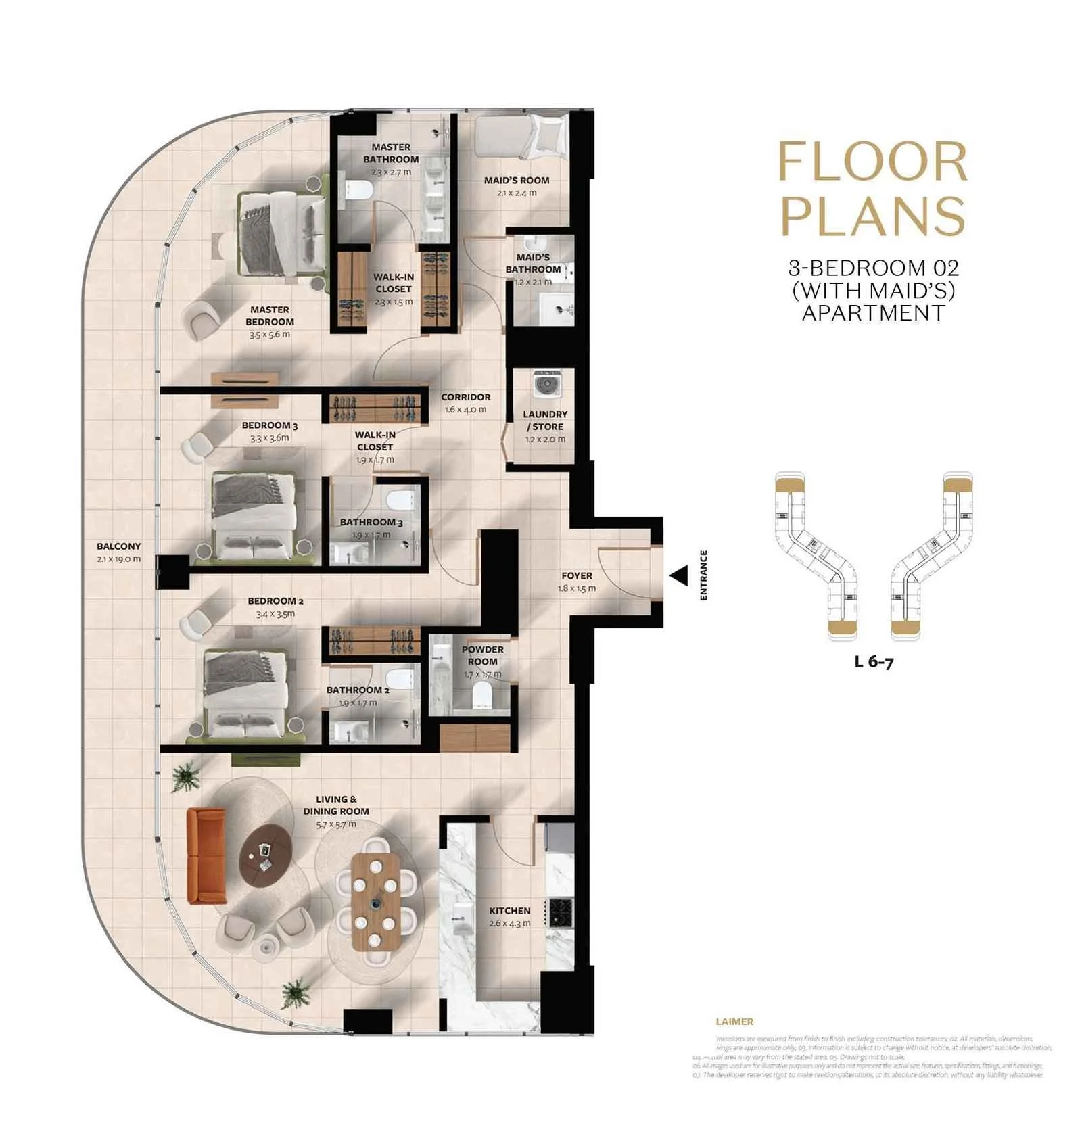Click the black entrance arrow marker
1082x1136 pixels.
tap(679, 575)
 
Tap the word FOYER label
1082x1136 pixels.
tap(576, 575)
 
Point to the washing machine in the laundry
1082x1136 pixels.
tap(545, 384)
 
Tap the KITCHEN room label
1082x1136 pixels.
tap(509, 910)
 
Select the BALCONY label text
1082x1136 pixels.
tap(118, 546)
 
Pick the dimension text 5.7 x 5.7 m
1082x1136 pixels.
tap(335, 824)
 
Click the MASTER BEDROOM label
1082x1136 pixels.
tap(269, 315)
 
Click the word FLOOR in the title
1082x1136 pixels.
tap(872, 162)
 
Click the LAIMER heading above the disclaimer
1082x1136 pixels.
tap(734, 1022)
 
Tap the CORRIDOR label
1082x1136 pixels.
tap(465, 397)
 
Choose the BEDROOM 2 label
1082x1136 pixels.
tap(275, 600)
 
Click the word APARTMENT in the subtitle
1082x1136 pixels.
tap(873, 313)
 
